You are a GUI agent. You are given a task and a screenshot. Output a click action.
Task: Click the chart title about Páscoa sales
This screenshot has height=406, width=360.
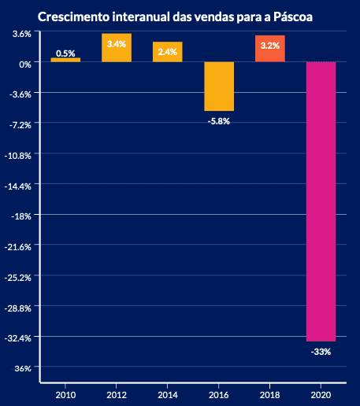click(x=175, y=17)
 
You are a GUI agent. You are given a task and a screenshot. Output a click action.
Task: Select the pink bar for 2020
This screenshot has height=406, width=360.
click(x=321, y=201)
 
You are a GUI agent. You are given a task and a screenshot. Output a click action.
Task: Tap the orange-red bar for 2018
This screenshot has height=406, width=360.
click(x=270, y=49)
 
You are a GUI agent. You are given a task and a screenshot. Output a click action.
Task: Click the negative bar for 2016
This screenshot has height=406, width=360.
click(x=219, y=87)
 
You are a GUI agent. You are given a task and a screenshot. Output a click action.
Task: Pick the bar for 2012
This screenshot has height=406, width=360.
click(x=117, y=48)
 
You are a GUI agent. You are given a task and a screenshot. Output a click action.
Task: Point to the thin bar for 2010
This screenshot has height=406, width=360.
click(x=65, y=60)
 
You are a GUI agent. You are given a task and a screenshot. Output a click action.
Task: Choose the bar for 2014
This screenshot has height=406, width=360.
click(x=168, y=52)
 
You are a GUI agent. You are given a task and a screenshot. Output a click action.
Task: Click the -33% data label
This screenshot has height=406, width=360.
click(x=321, y=352)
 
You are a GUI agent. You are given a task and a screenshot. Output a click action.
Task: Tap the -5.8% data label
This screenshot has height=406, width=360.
click(x=219, y=121)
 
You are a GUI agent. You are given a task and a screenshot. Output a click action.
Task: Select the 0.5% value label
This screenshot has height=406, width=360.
click(x=65, y=54)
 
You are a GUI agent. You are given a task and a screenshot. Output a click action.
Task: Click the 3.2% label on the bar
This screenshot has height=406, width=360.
click(x=270, y=46)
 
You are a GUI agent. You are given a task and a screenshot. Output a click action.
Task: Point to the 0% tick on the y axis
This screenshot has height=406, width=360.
click(x=25, y=65)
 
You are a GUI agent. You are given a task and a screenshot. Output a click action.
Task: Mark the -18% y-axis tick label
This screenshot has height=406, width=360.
click(x=21, y=216)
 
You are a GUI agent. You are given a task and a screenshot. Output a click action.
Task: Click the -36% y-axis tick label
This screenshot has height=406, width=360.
click(x=22, y=368)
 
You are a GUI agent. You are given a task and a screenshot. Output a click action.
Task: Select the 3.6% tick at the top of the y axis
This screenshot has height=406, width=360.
click(x=22, y=34)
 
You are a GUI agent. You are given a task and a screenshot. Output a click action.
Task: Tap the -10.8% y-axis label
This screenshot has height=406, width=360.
click(x=18, y=156)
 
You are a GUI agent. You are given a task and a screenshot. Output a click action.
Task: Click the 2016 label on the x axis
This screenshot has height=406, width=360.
click(x=219, y=395)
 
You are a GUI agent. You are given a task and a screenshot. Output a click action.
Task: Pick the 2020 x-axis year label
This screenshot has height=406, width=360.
click(x=321, y=395)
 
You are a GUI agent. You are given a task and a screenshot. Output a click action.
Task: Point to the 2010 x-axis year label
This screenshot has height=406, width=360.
click(x=65, y=395)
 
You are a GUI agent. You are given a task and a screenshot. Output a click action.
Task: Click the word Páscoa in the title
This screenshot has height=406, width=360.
click(x=293, y=17)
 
